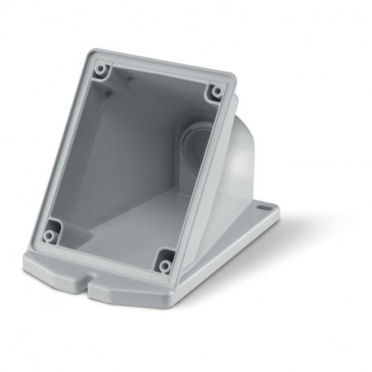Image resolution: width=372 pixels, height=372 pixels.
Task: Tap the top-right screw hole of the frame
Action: click(x=216, y=91)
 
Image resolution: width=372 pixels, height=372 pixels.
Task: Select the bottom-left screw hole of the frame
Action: click(x=50, y=236)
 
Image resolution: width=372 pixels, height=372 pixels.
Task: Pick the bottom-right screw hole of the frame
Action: click(x=165, y=265)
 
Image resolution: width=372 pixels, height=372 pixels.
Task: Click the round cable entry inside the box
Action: click(x=197, y=143)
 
